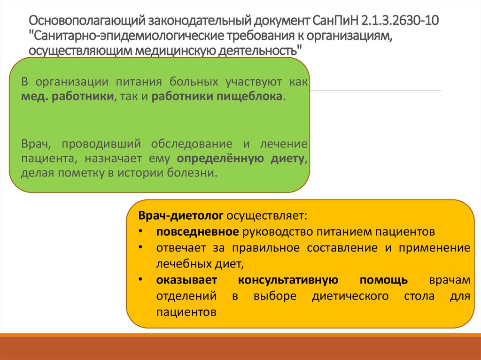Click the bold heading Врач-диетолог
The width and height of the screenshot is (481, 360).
coord(181,216)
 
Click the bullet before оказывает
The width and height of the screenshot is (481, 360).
coord(141,280)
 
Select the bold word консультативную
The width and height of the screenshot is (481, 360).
coord(288,280)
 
